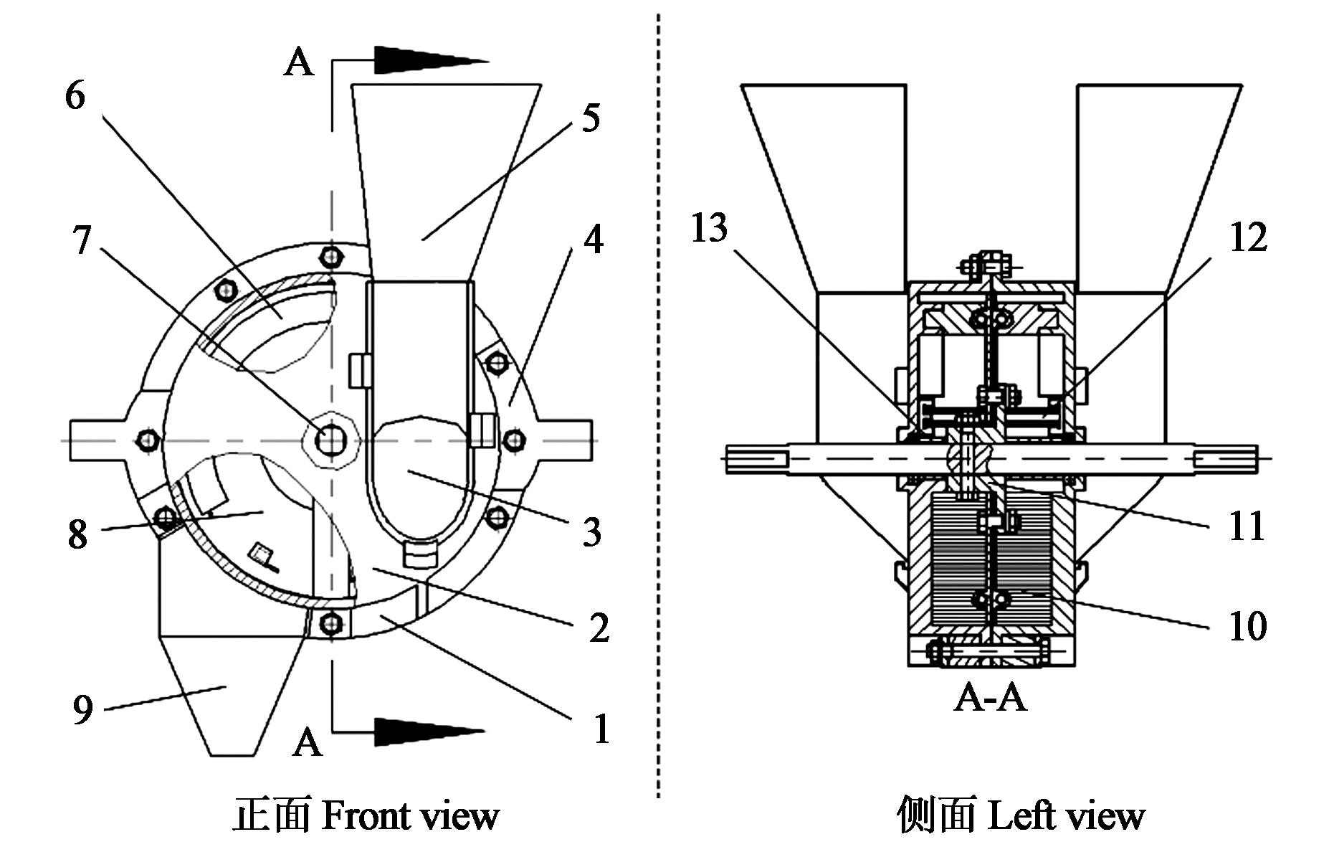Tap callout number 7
click(x=82, y=240)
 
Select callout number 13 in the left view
click(x=709, y=229)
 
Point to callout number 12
click(x=1248, y=237)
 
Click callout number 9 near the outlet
click(x=83, y=710)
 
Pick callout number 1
click(x=601, y=729)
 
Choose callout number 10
click(x=1247, y=626)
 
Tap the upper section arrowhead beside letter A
click(x=429, y=60)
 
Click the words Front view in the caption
click(x=410, y=816)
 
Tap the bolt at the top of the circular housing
click(x=330, y=255)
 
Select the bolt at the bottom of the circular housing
click(x=330, y=622)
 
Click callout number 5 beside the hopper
click(x=590, y=118)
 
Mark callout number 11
click(x=1247, y=526)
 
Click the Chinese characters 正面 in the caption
click(x=272, y=816)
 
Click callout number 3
click(x=591, y=532)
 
